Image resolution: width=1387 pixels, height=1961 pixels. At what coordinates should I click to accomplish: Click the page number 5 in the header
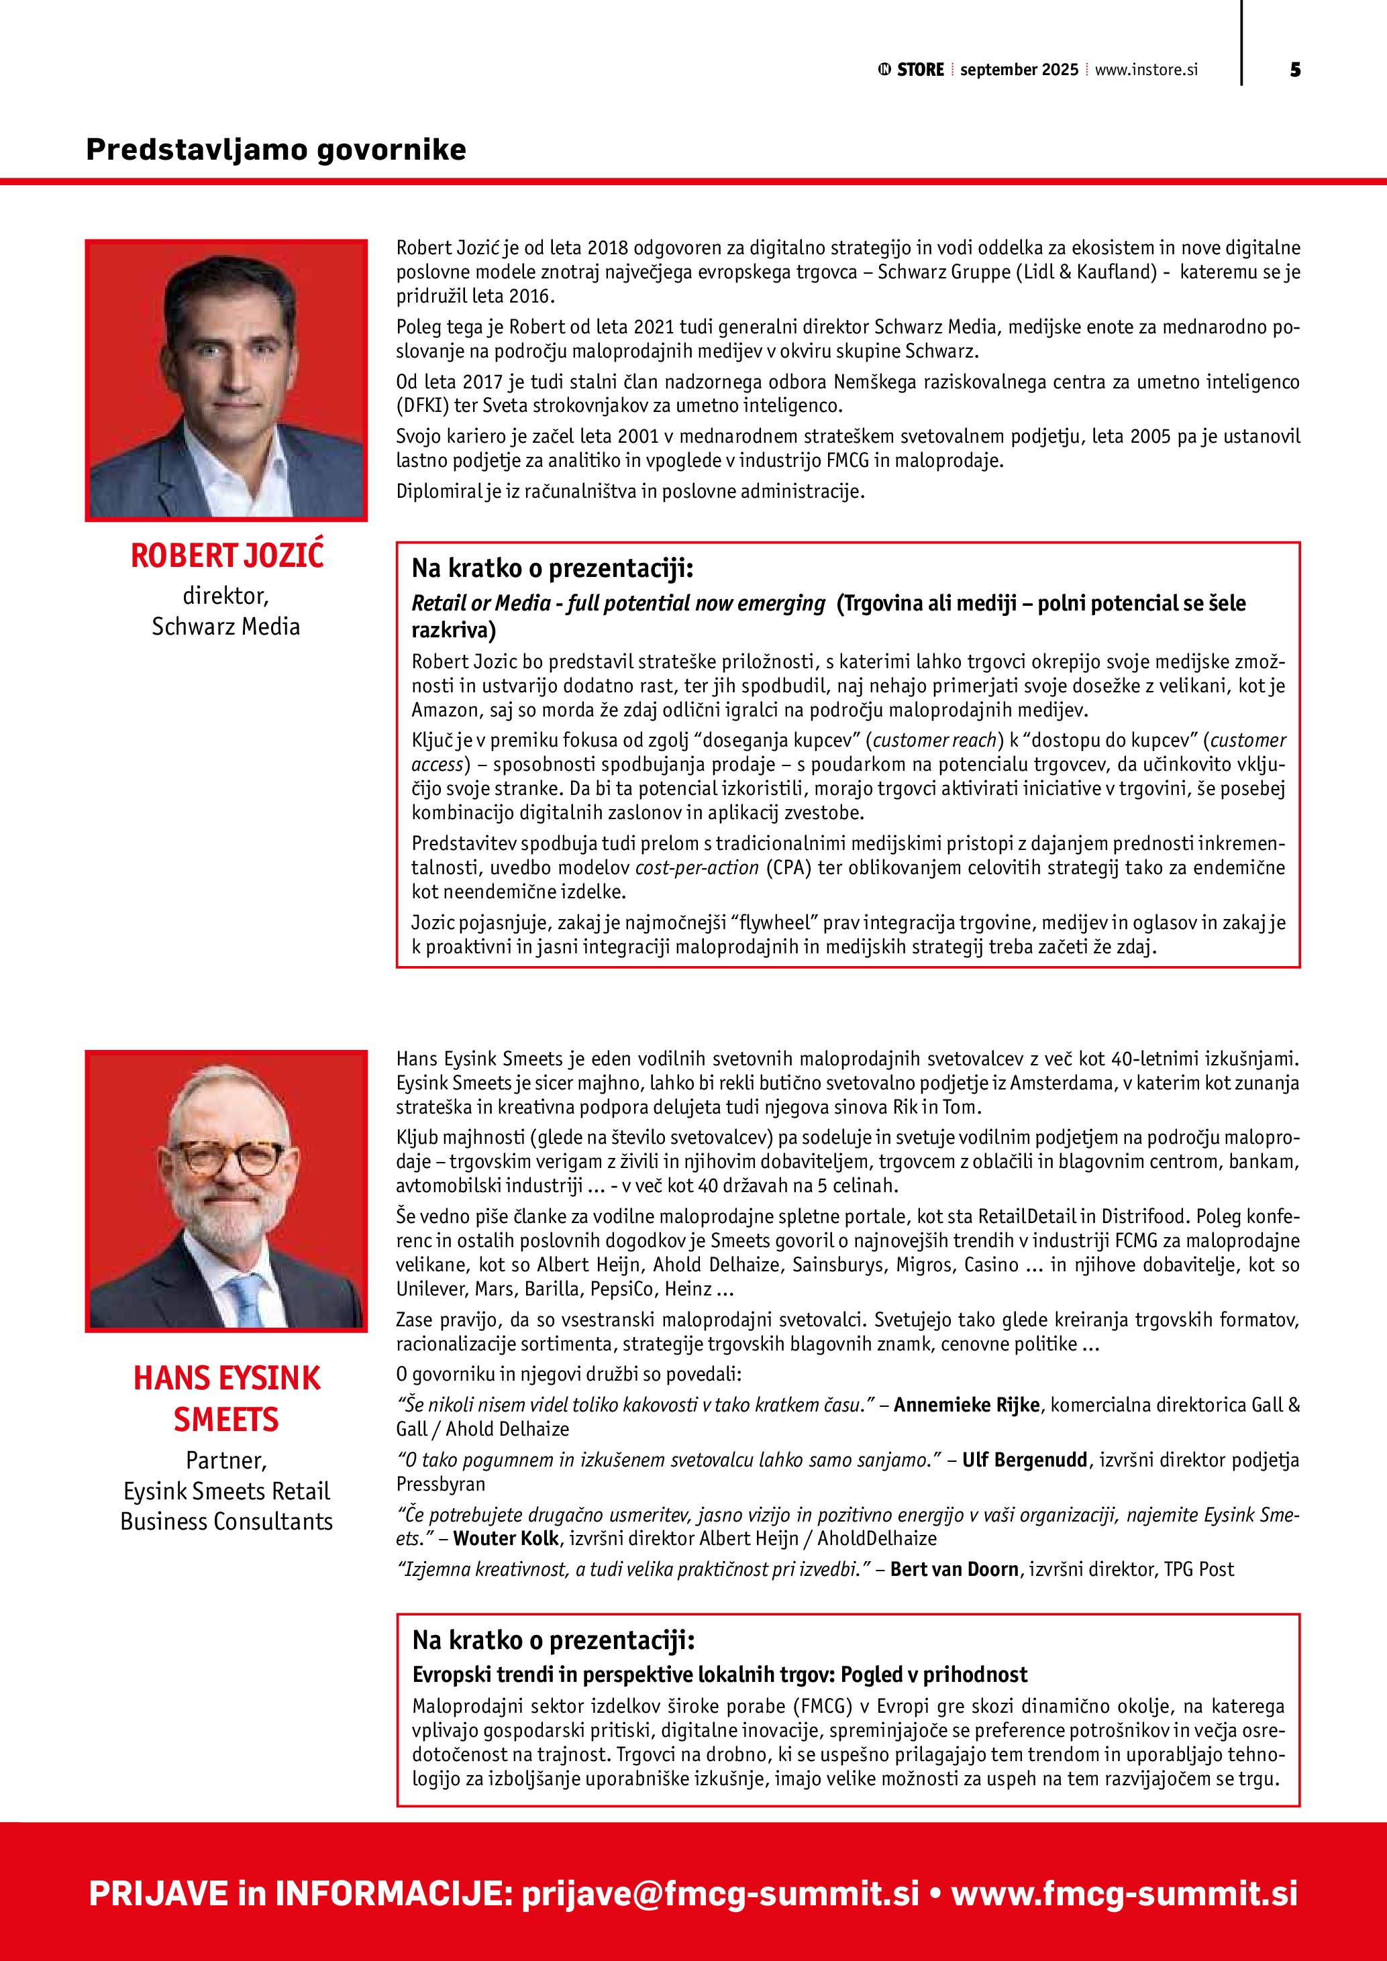click(1295, 70)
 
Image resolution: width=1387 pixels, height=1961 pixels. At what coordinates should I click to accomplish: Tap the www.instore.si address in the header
click(1146, 70)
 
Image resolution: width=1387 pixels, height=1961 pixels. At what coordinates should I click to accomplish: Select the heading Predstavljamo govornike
click(276, 150)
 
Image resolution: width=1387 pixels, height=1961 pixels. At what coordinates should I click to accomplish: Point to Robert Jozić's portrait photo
click(226, 380)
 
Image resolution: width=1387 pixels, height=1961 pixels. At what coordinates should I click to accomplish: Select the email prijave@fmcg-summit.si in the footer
click(720, 1893)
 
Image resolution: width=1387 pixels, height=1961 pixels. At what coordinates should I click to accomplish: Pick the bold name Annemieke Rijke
click(966, 1405)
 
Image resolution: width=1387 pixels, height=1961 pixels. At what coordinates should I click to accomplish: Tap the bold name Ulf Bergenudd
click(1024, 1460)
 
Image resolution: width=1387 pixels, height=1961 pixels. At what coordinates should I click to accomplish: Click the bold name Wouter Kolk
click(505, 1538)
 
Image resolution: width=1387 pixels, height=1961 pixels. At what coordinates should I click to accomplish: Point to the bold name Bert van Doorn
click(954, 1569)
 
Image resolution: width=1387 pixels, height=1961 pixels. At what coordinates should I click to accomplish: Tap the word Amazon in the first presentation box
click(442, 710)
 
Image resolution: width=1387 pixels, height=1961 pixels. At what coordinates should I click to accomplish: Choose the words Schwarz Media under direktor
click(226, 627)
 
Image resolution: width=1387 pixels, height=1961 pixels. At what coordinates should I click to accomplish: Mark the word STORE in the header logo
click(920, 70)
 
